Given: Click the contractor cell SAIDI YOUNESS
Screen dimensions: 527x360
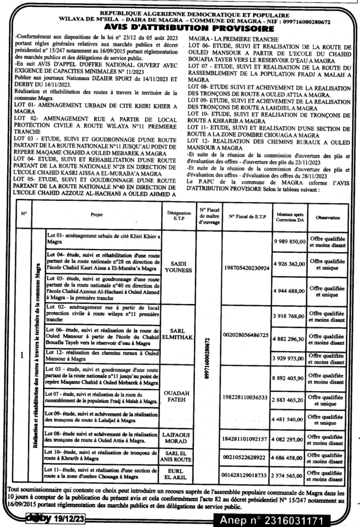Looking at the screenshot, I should click(x=178, y=267).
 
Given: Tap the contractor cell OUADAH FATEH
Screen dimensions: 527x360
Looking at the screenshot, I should click(x=178, y=397).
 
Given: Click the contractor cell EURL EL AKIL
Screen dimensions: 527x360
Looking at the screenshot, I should click(x=178, y=475).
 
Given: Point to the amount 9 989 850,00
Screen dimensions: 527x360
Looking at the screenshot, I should click(x=289, y=241).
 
